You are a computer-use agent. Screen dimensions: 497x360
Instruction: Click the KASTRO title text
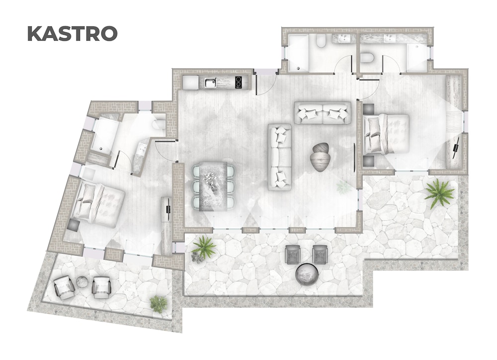coord(72,34)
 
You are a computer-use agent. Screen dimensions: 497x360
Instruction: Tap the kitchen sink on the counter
coord(210,83)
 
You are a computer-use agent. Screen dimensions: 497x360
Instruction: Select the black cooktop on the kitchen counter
coord(239,83)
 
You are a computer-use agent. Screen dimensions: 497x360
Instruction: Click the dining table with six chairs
coord(214,185)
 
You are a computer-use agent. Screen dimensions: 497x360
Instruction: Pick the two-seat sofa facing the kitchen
coord(323,112)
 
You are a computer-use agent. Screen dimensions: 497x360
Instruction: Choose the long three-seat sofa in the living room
coord(279,157)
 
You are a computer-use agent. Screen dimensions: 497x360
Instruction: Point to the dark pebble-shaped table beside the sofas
coord(320,157)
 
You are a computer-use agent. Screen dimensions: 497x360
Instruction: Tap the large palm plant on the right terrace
coord(440,193)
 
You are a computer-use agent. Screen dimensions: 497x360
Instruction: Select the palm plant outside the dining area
coord(203,248)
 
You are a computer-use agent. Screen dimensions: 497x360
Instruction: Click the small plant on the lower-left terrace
coord(159,304)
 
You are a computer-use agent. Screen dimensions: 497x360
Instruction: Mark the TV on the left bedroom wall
coord(168,205)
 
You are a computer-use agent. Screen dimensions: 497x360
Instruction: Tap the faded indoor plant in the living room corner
coord(343,187)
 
